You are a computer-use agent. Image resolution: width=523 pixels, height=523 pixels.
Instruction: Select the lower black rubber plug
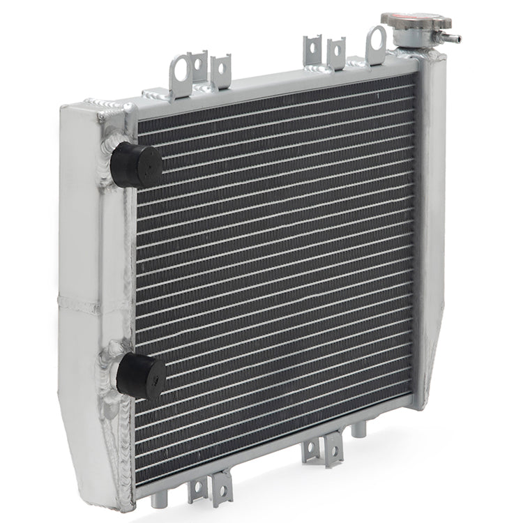coord(142,376)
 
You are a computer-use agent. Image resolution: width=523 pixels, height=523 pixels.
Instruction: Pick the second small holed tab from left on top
coord(221,70)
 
